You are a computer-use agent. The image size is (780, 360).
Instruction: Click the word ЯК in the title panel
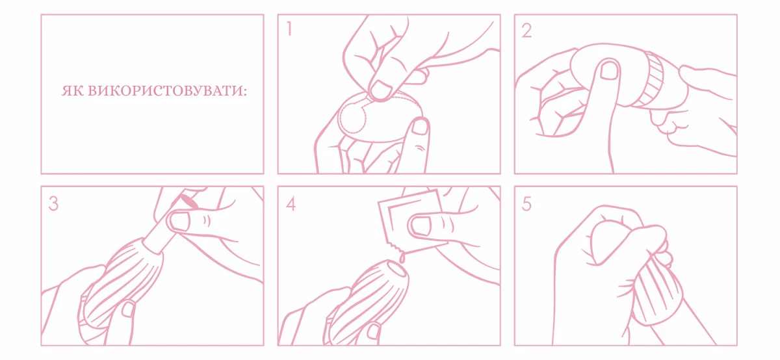(x=72, y=91)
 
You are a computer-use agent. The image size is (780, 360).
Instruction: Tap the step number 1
(x=289, y=29)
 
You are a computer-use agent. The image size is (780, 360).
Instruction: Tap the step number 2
(x=526, y=31)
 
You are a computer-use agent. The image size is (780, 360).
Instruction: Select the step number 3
(x=53, y=203)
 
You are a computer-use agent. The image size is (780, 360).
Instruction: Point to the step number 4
(x=291, y=203)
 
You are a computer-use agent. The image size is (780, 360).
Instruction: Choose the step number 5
(x=526, y=203)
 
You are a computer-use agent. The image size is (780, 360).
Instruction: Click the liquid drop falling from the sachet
(x=402, y=258)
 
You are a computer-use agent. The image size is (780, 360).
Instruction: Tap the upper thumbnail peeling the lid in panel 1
(x=381, y=89)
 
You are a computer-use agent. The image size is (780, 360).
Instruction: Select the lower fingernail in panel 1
(x=420, y=127)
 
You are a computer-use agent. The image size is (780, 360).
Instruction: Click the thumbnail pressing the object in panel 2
(x=608, y=71)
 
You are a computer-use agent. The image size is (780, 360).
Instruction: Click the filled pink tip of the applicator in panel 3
(x=188, y=201)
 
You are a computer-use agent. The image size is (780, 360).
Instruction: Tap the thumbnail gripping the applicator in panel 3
(x=179, y=222)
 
